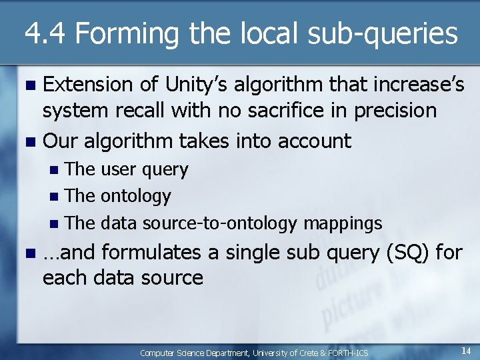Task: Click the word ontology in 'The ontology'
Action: click(x=136, y=196)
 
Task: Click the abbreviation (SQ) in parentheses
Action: click(x=411, y=253)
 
